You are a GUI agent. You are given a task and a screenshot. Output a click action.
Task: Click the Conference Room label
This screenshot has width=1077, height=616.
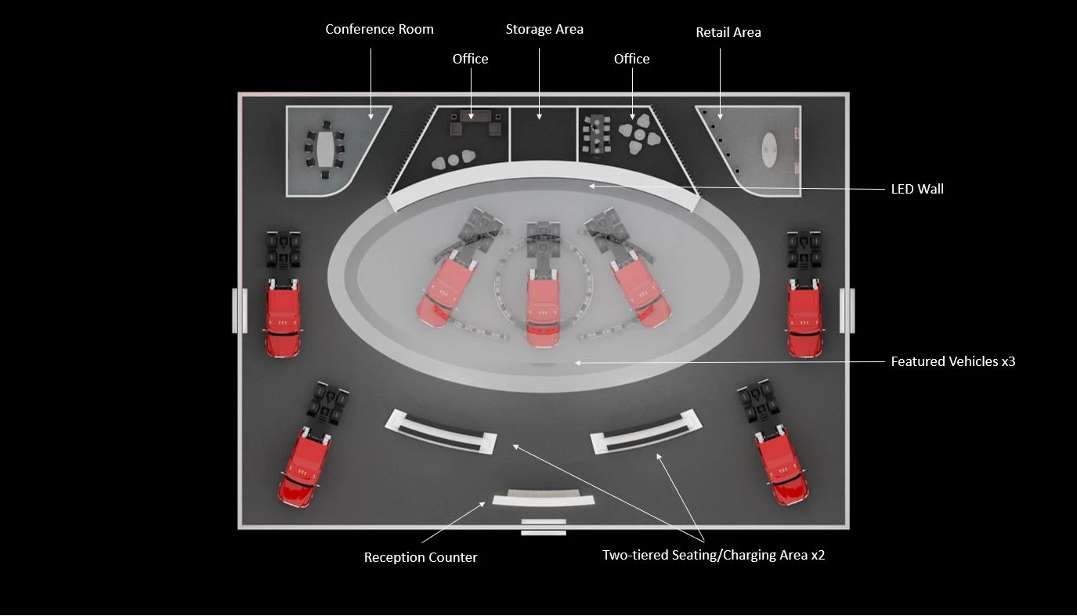379,29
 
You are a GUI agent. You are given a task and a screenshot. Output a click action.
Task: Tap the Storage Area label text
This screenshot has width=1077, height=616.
544,29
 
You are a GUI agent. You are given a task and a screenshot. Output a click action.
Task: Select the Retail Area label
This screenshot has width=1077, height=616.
728,32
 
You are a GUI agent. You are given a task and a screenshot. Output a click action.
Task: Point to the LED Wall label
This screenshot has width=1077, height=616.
917,189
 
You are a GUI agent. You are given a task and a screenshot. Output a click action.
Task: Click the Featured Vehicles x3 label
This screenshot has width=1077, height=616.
953,361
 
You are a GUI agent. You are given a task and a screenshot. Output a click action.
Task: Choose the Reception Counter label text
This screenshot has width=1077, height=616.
421,557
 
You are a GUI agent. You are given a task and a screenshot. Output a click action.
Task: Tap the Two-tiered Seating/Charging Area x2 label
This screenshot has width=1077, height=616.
714,555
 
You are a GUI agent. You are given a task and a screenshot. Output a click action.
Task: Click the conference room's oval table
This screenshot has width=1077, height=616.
326,149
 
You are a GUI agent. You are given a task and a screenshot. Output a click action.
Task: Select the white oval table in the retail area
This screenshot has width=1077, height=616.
769,149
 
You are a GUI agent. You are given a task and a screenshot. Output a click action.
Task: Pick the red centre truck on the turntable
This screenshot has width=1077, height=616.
544,307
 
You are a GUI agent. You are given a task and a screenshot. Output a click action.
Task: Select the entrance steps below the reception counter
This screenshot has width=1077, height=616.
544,527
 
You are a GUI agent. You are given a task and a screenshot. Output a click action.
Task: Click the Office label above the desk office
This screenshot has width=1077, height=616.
470,59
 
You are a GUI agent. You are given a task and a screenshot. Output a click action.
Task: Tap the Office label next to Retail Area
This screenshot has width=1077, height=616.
632,59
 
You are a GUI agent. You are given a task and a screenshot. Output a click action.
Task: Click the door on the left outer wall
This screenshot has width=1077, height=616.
240,310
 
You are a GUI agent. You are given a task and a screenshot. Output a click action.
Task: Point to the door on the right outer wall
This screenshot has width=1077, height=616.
848,310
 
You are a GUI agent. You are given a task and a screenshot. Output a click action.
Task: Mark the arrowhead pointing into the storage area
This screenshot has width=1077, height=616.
540,117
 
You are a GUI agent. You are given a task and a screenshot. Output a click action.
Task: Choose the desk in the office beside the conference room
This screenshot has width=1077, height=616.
475,116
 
